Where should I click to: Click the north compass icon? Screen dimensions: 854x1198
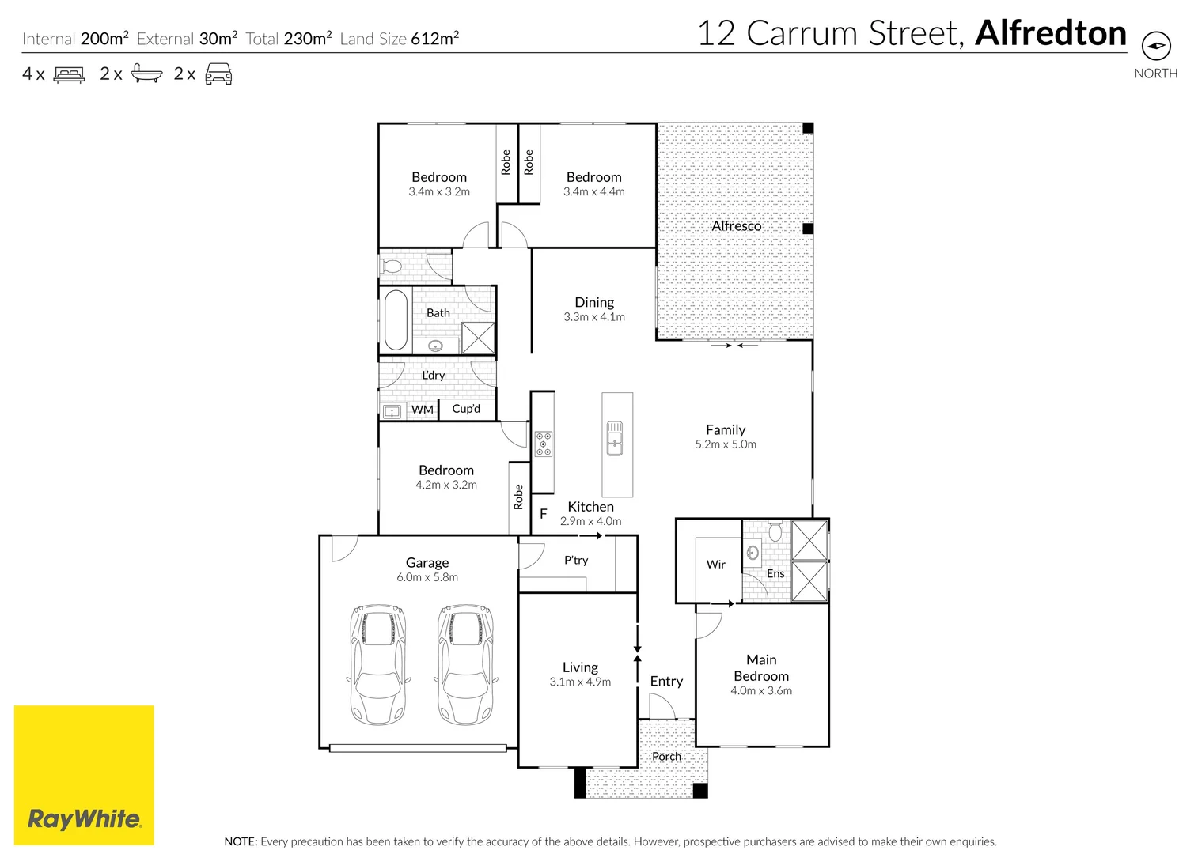point(1156,45)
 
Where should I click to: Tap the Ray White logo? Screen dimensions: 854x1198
point(84,775)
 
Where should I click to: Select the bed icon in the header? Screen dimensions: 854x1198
point(69,74)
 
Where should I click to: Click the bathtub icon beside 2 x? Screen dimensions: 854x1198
point(146,74)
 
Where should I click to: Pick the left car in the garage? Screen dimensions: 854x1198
point(378,664)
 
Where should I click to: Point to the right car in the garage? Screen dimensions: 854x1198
point(466,664)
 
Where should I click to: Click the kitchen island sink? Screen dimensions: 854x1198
point(615,439)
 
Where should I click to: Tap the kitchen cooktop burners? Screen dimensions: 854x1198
point(544,444)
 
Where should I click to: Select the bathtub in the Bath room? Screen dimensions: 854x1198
point(396,320)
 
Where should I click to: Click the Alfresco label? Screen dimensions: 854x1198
point(736,226)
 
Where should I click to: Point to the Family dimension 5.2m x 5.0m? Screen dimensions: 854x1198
point(726,444)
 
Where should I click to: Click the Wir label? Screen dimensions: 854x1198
point(715,565)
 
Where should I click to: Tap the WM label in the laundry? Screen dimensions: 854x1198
point(422,410)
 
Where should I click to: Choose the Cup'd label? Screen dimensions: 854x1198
point(466,409)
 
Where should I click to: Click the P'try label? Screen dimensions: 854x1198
point(576,560)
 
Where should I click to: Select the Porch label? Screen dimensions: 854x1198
point(666,757)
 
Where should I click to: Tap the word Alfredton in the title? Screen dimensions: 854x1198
point(1051,33)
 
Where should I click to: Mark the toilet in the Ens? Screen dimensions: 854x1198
point(775,531)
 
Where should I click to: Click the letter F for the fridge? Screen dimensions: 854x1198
point(544,514)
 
